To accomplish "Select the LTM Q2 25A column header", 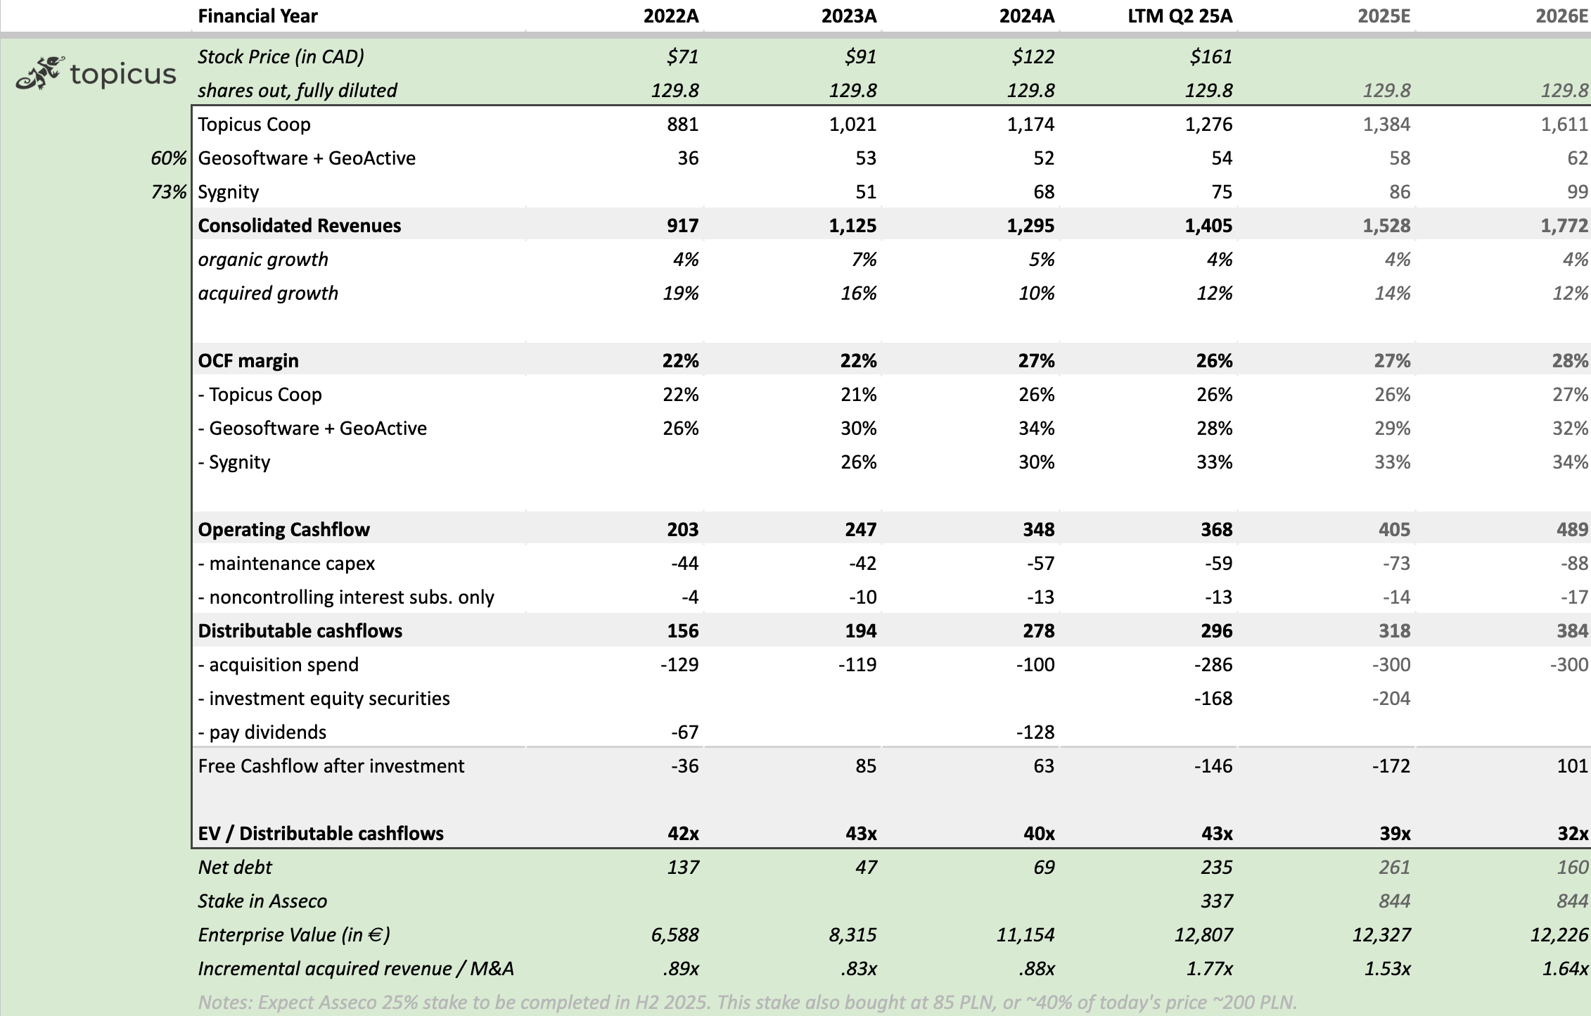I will pyautogui.click(x=1180, y=16).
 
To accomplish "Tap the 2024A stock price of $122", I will pyautogui.click(x=1033, y=56).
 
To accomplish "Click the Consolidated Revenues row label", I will pyautogui.click(x=299, y=225).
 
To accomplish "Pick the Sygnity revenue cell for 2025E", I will pyautogui.click(x=1399, y=191).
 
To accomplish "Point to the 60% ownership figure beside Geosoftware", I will pyautogui.click(x=169, y=158).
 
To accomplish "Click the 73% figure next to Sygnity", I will pyautogui.click(x=169, y=191).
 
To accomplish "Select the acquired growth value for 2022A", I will pyautogui.click(x=680, y=293).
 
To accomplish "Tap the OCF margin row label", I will pyautogui.click(x=248, y=360).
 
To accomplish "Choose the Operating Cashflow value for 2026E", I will pyautogui.click(x=1572, y=529).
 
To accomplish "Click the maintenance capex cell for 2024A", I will pyautogui.click(x=1040, y=563).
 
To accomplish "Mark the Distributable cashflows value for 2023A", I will pyautogui.click(x=860, y=630).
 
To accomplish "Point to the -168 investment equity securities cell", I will pyautogui.click(x=1213, y=698).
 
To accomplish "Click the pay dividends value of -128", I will pyautogui.click(x=1035, y=732).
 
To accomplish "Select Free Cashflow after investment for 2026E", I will pyautogui.click(x=1572, y=766).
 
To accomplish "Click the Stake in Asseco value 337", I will pyautogui.click(x=1216, y=901).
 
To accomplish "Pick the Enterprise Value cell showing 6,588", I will pyautogui.click(x=675, y=934).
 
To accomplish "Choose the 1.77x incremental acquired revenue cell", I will pyautogui.click(x=1209, y=968).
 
